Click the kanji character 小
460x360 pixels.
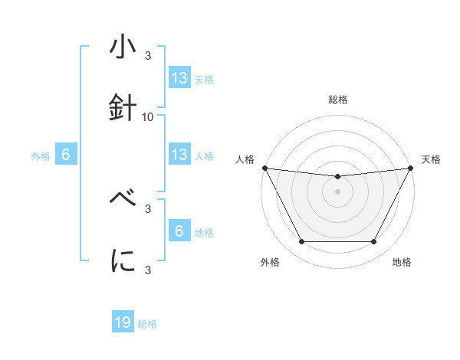(123, 47)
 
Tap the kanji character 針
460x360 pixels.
(123, 108)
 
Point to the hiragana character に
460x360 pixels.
(123, 261)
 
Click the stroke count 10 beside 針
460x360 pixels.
(148, 117)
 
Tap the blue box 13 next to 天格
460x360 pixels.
(179, 77)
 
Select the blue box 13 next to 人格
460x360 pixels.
(179, 154)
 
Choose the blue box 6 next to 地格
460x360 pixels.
(179, 231)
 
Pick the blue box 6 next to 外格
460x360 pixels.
(66, 154)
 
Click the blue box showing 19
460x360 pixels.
(123, 322)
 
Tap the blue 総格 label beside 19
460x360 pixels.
(147, 324)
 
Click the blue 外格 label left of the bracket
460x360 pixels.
(41, 156)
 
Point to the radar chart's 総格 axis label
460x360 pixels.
(338, 100)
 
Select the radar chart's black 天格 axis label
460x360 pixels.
(432, 159)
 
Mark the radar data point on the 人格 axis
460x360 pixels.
(265, 168)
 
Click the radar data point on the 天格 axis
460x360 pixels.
(411, 168)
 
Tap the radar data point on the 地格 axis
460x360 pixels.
(374, 242)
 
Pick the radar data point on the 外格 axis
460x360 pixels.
(301, 242)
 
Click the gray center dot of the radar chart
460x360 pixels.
(338, 191)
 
